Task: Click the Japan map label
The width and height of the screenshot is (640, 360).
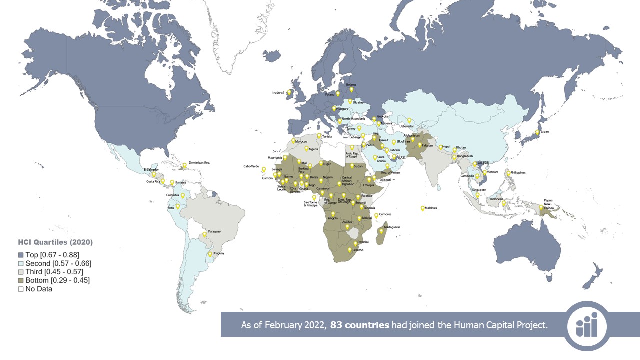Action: (x=545, y=132)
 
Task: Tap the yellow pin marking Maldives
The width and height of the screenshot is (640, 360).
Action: (x=422, y=208)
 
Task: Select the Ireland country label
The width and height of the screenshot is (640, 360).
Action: (x=278, y=93)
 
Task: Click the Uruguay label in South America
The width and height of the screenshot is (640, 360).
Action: (x=218, y=253)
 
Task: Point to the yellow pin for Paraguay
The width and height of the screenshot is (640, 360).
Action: (x=204, y=234)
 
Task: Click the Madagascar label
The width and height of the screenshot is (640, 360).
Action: (x=392, y=227)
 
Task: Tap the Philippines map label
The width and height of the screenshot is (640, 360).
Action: (x=518, y=173)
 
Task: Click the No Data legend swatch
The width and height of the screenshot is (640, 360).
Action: (x=21, y=289)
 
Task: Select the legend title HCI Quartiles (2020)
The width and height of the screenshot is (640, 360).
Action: (x=55, y=242)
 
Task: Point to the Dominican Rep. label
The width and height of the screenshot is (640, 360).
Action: (x=199, y=163)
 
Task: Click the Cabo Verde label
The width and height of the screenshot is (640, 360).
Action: (x=251, y=166)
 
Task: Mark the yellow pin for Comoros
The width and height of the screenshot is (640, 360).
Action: (x=376, y=216)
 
